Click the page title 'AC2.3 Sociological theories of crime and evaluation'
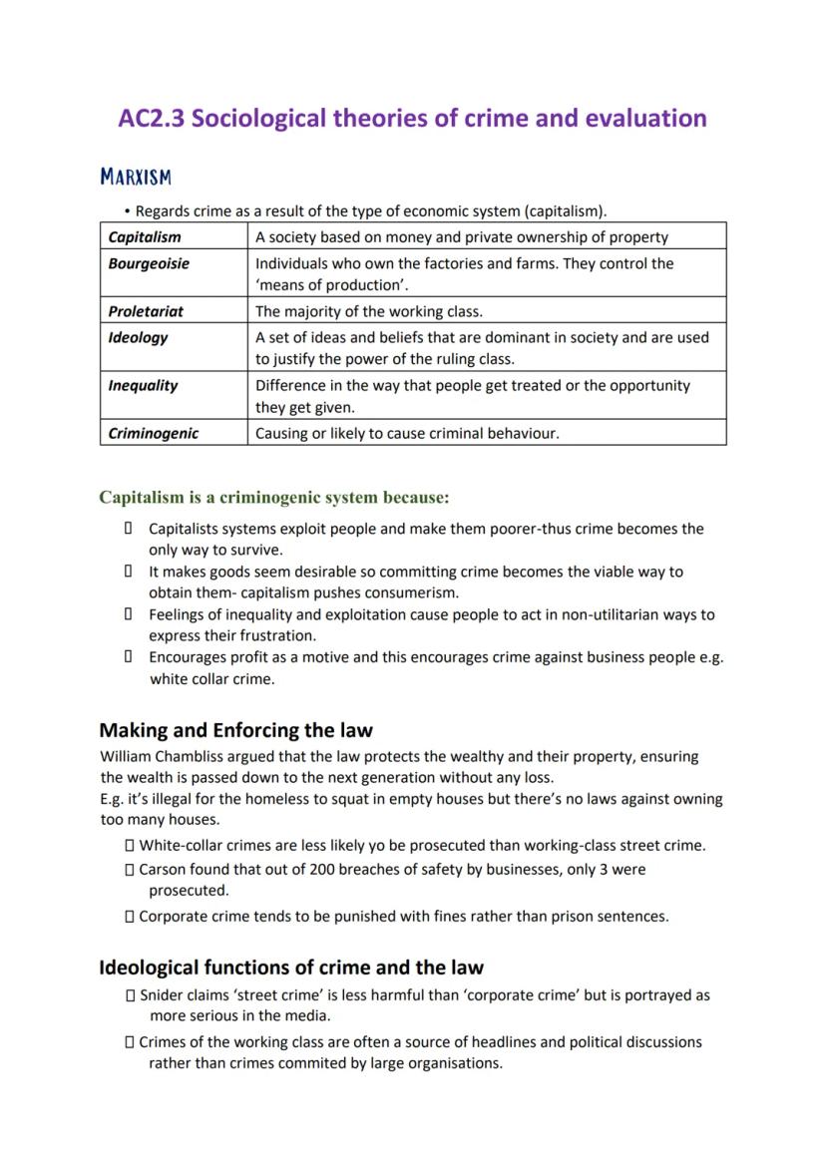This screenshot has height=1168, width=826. point(412,119)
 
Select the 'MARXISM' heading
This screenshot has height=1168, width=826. point(136,178)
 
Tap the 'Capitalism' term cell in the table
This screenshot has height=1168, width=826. point(145,237)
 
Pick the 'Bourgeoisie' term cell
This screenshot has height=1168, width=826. point(149,263)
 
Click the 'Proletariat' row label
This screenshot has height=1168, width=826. point(146,311)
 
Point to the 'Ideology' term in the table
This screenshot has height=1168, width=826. point(138,337)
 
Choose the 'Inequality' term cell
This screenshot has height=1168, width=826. point(142,385)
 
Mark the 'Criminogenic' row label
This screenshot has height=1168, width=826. point(154,433)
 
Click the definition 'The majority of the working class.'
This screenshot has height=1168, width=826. point(369,311)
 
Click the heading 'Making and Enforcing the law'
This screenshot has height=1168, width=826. point(235,730)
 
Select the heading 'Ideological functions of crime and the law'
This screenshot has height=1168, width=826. point(290,968)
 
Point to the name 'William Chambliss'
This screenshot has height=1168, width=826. point(161,757)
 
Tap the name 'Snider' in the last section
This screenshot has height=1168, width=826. point(162,995)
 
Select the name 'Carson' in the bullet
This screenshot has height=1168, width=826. point(163,870)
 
